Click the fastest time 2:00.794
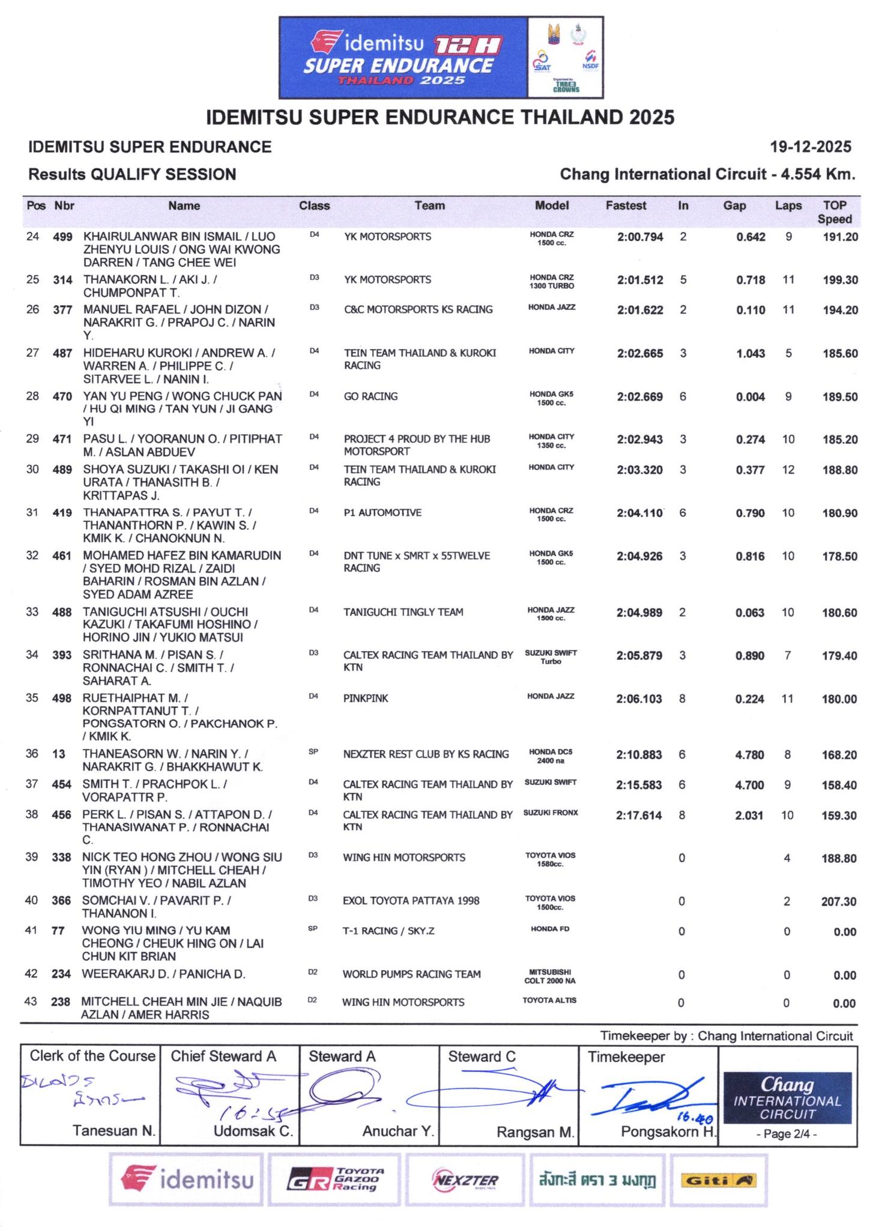[639, 237]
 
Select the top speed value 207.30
[839, 901]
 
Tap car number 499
[63, 237]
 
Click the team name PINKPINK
[366, 698]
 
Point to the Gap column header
[734, 206]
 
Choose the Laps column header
[788, 206]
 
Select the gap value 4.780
[749, 754]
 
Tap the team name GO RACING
[370, 396]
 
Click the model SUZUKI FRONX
[551, 813]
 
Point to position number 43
[31, 1001]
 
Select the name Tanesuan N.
[114, 1131]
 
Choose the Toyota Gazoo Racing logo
[334, 1180]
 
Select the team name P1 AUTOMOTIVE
[382, 512]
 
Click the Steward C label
[482, 1056]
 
